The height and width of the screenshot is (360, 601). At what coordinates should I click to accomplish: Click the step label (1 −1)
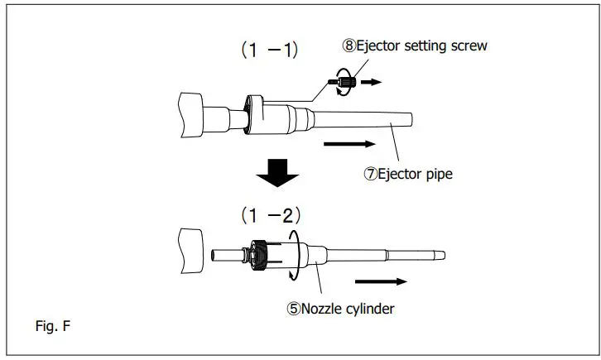click(x=270, y=50)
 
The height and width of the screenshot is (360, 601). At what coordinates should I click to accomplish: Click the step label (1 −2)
click(x=271, y=216)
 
